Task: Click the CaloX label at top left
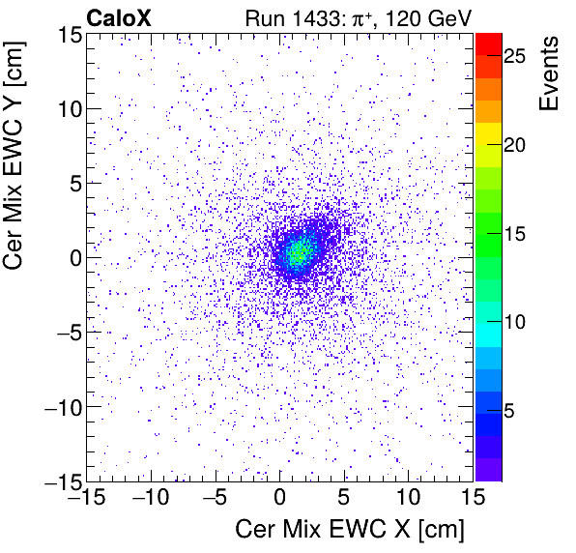(x=117, y=16)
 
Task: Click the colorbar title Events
(x=549, y=73)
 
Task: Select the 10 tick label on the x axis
(x=410, y=498)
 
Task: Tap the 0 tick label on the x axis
(x=280, y=498)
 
